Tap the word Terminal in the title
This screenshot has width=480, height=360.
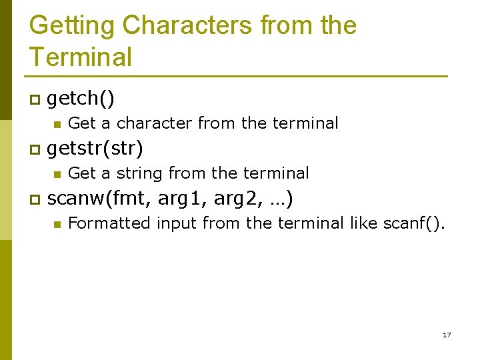[x=81, y=57]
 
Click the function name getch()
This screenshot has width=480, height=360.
[x=81, y=99]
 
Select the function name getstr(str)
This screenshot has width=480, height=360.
[x=95, y=148]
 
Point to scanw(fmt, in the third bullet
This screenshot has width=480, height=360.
[x=99, y=199]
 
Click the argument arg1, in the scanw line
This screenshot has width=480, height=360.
[x=183, y=199]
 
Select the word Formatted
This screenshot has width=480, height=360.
[x=109, y=223]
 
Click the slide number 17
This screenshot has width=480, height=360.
[x=447, y=335]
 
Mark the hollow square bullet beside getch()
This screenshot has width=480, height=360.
[x=34, y=100]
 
